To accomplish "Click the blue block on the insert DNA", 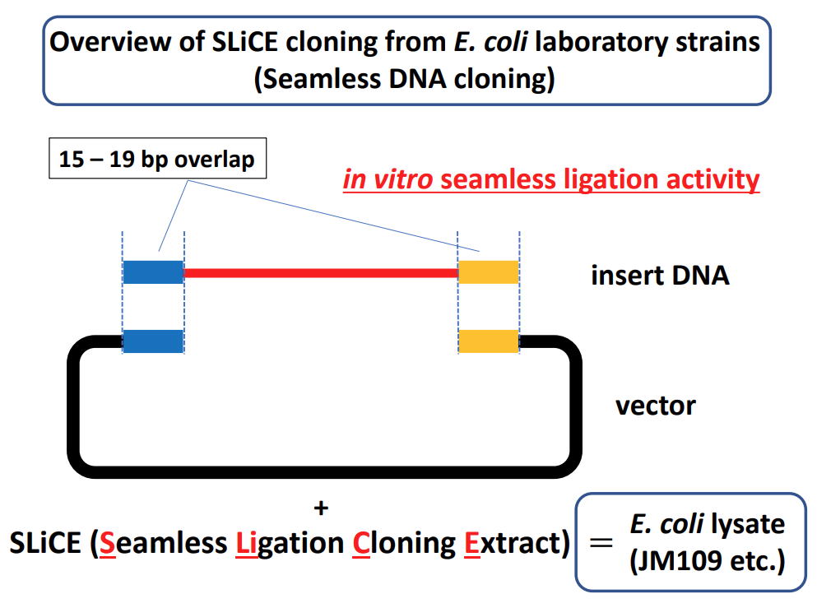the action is pos(153,272).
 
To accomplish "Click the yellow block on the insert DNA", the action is pos(488,272).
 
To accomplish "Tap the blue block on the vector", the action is pos(153,341).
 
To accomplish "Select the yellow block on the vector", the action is pos(488,341).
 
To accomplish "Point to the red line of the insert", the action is pos(321,272).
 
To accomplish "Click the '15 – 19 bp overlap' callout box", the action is pos(157,159).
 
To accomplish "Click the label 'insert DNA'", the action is pos(660,275).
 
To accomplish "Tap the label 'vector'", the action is pos(656,406).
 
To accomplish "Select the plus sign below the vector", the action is pos(321,508).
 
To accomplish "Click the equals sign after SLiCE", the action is pos(601,542).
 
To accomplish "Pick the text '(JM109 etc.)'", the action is pos(707,561).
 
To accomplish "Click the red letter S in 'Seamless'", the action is pos(107,543).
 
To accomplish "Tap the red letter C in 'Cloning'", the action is pos(361,543).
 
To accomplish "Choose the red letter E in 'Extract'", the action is pos(471,543).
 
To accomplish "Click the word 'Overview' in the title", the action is pos(110,42).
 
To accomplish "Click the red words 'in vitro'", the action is pos(388,179).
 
